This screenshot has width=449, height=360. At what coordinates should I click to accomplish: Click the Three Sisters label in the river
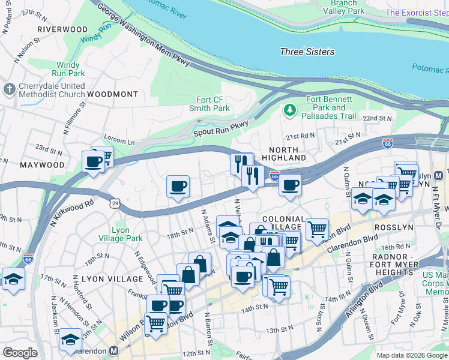click(x=307, y=52)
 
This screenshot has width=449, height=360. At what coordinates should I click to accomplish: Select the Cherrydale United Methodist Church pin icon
click(x=8, y=90)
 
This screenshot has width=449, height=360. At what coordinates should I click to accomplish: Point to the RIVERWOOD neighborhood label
click(x=62, y=29)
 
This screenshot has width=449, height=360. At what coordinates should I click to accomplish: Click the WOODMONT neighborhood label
click(x=112, y=95)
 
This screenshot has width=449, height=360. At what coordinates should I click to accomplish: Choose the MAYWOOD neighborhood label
click(x=42, y=164)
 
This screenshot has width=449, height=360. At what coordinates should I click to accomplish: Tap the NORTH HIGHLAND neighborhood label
click(x=288, y=153)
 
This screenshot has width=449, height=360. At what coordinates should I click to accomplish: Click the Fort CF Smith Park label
click(x=209, y=104)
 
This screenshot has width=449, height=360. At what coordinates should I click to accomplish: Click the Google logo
click(x=20, y=352)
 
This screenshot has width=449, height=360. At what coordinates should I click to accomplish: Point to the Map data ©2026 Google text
click(x=412, y=355)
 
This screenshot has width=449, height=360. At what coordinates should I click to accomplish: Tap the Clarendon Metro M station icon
click(x=113, y=350)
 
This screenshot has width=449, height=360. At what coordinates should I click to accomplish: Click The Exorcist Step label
click(x=416, y=13)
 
